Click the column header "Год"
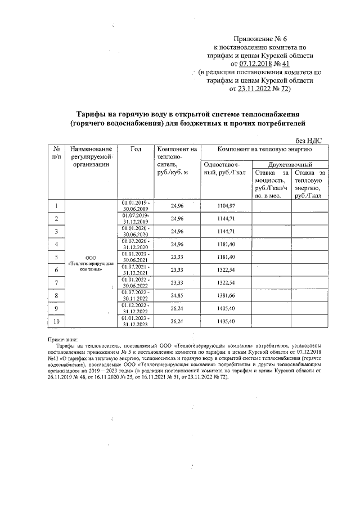pyautogui.click(x=136, y=150)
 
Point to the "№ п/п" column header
pyautogui.click(x=57, y=153)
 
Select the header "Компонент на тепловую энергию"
pyautogui.click(x=264, y=149)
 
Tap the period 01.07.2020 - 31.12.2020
pyautogui.click(x=136, y=244)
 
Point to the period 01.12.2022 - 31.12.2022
pyautogui.click(x=136, y=308)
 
